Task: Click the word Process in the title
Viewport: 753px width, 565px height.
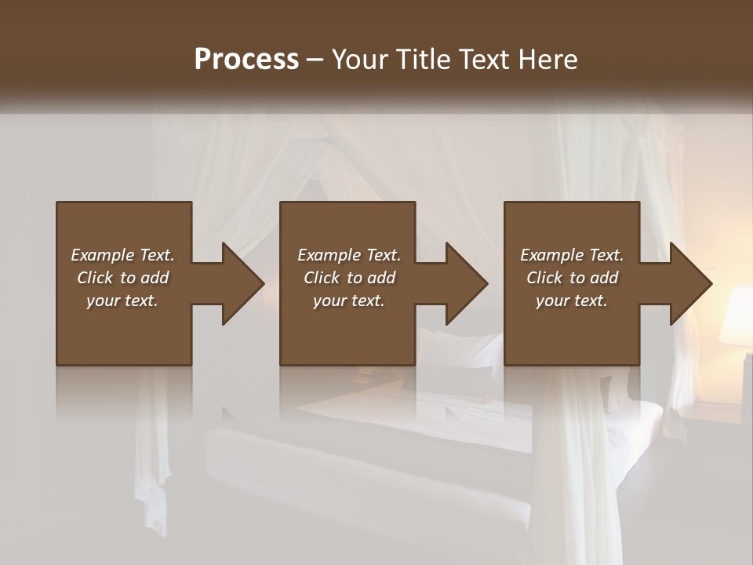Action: coord(246,60)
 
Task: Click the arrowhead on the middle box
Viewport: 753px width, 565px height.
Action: coord(466,283)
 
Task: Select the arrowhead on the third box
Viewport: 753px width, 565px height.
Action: coord(690,283)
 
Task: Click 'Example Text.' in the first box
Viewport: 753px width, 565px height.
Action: coord(122,255)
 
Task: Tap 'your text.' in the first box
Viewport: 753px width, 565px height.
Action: coord(122,301)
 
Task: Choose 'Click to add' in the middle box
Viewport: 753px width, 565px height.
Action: coord(349,278)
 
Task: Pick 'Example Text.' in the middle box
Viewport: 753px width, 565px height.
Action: coord(349,255)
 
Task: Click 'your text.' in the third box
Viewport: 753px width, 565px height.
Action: coord(572,301)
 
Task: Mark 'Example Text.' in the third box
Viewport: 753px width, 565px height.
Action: coord(572,255)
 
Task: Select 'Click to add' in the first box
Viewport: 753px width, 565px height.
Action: coord(122,278)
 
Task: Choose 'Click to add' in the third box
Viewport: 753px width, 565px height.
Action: coord(572,278)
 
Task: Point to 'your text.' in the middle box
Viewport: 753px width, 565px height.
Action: coord(349,301)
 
